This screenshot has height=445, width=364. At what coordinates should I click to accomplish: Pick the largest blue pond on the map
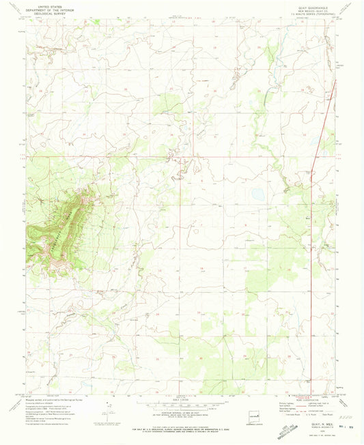pos(258,195)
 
